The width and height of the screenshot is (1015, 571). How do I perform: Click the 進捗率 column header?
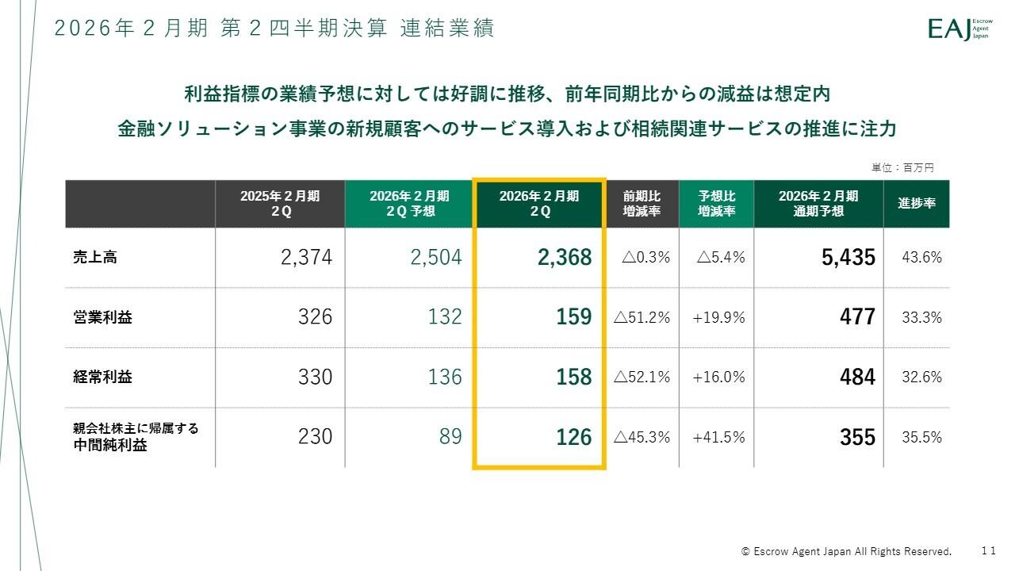[x=917, y=203]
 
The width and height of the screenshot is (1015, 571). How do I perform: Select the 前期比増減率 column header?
[x=641, y=204]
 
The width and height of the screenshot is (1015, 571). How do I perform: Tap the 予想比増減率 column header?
[x=716, y=204]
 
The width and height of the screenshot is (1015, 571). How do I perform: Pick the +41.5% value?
[x=718, y=437]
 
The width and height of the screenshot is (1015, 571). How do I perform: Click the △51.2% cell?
[x=642, y=317]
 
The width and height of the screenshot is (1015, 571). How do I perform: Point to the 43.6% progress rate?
[x=921, y=257]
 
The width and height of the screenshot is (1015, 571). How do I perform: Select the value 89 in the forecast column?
[x=450, y=437]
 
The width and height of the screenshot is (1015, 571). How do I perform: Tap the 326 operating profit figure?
[x=315, y=317]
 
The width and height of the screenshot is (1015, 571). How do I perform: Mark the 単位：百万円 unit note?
[x=902, y=167]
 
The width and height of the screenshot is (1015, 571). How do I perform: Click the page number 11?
[x=988, y=550]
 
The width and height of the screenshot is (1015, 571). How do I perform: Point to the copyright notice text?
[x=846, y=551]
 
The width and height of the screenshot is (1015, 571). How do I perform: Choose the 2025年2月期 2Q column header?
[x=280, y=204]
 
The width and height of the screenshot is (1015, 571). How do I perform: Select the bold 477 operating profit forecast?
[x=857, y=317]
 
